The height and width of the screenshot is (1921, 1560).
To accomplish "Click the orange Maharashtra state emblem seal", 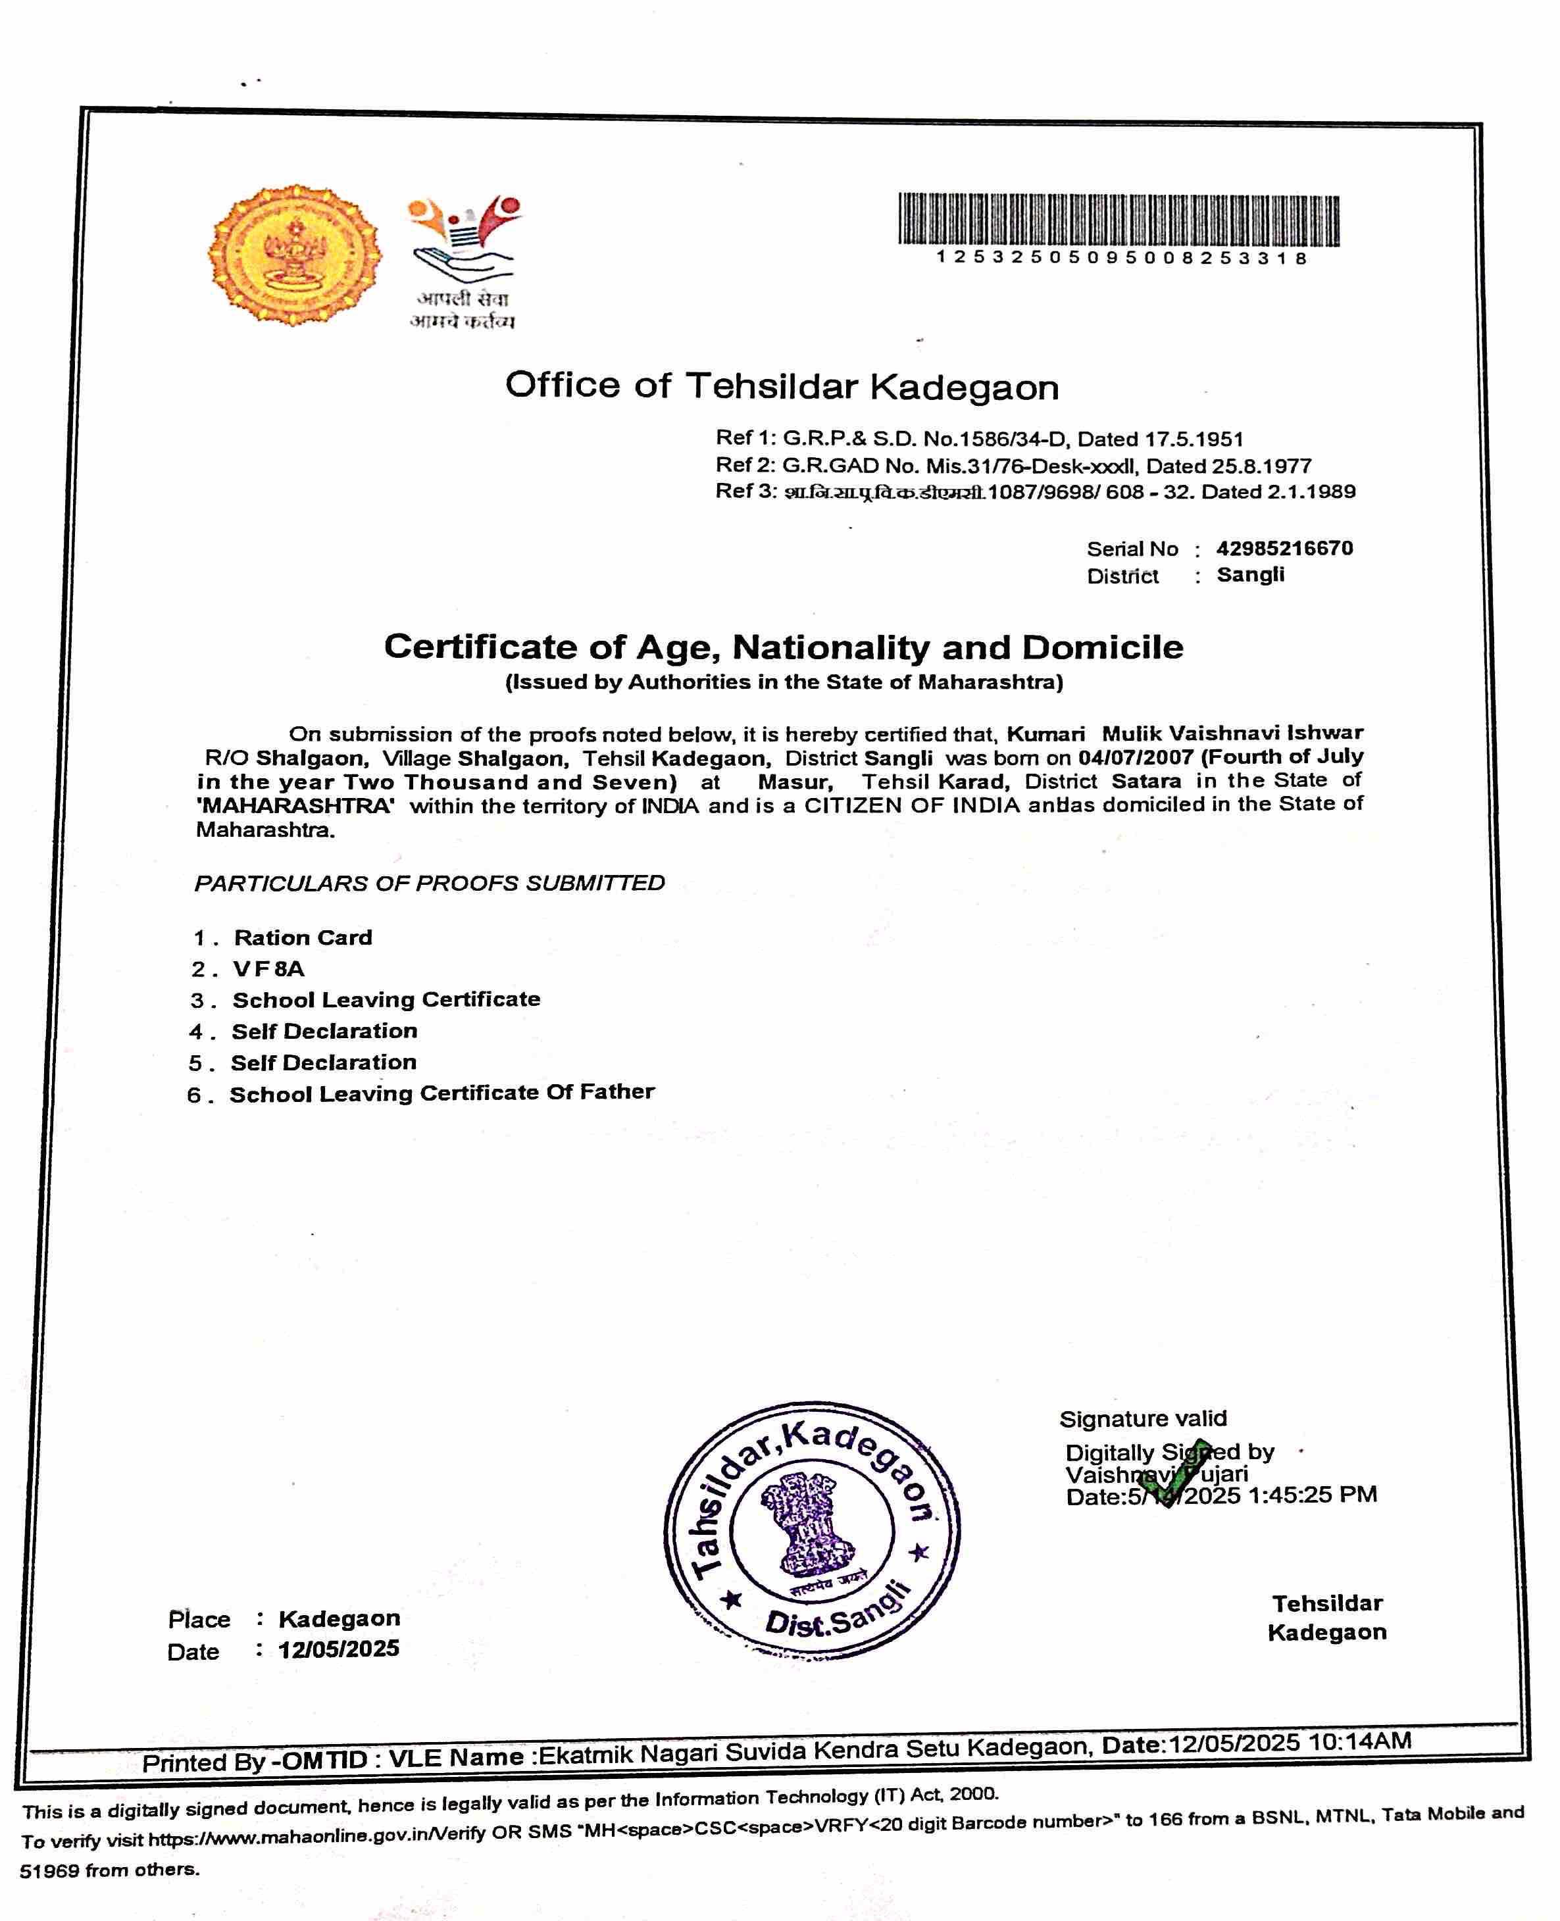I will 294,255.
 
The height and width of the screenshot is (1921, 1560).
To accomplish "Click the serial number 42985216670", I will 1284,548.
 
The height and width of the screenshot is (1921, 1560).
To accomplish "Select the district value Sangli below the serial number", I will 1250,575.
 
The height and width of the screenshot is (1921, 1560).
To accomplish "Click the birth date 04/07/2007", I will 1135,757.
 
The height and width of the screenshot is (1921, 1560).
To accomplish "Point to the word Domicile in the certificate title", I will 1101,648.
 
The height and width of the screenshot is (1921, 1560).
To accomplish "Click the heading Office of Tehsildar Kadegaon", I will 782,386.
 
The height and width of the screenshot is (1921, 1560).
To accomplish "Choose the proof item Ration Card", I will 303,938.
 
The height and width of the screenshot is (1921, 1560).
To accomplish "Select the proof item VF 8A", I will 268,968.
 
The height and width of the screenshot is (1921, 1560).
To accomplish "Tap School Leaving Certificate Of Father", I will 441,1093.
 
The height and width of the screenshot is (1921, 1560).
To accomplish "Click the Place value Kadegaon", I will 339,1619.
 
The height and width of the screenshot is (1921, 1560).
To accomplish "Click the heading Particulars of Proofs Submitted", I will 430,884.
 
